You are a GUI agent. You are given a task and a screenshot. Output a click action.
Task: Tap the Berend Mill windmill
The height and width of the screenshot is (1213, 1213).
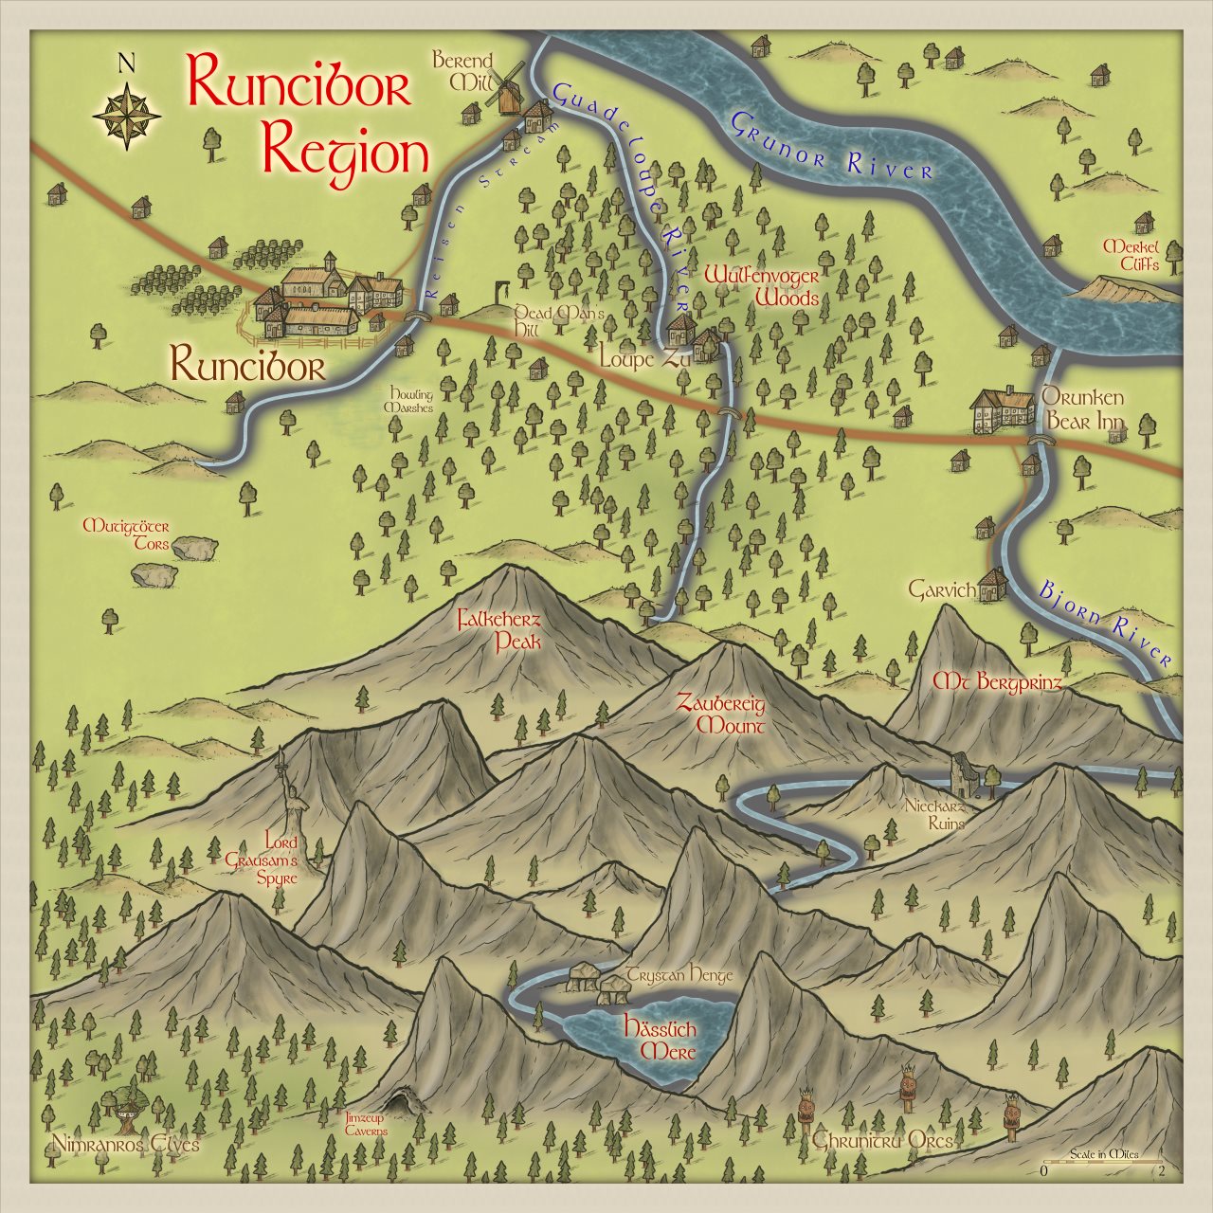[x=506, y=87]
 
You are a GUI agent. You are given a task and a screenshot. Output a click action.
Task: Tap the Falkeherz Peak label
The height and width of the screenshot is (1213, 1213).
[x=499, y=630]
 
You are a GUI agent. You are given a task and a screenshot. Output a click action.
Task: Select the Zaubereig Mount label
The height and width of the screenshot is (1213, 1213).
[x=721, y=715]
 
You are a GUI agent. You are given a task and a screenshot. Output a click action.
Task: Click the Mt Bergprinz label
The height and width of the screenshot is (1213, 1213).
[x=997, y=681]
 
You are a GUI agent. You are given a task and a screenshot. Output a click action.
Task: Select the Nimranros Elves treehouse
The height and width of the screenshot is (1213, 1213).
[x=119, y=1105]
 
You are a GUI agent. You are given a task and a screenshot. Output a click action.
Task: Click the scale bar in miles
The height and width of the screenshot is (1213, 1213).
[x=1103, y=1161]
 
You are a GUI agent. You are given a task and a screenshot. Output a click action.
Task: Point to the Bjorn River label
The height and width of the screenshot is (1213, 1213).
[x=1104, y=624]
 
